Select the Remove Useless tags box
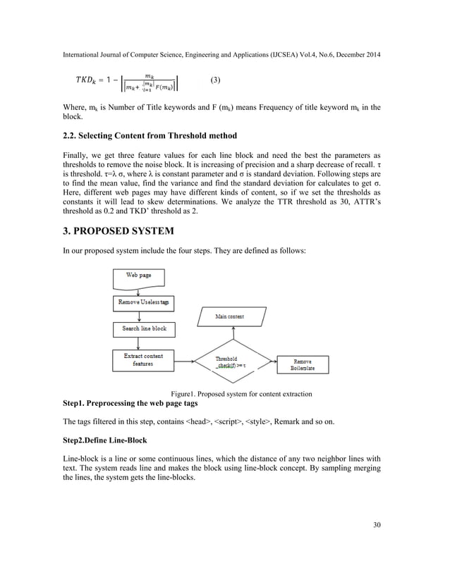(143, 302)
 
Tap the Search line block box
(143, 329)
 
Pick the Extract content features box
(143, 360)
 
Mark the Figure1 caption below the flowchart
(241, 393)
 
